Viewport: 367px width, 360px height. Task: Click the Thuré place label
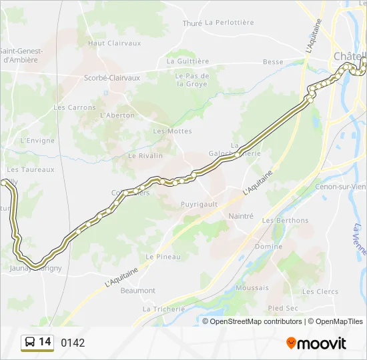click(x=192, y=23)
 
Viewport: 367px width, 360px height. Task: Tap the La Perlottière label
click(x=230, y=23)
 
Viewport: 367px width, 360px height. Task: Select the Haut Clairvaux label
click(x=115, y=43)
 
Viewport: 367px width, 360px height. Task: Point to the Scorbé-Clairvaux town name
click(x=112, y=78)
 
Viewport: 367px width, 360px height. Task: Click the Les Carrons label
click(x=75, y=107)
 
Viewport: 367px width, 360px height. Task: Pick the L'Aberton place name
click(x=117, y=115)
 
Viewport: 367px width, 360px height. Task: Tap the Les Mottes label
click(x=172, y=131)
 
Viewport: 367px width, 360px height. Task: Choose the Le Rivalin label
click(x=145, y=156)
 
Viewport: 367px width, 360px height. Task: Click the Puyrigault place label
click(x=200, y=204)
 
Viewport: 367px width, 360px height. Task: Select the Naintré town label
click(x=241, y=216)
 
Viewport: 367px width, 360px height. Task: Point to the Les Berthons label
click(x=285, y=221)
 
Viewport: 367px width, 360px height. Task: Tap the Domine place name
click(x=268, y=247)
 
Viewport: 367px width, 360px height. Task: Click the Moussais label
click(x=252, y=288)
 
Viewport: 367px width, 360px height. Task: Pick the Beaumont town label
click(x=138, y=291)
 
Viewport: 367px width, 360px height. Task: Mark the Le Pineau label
click(x=160, y=257)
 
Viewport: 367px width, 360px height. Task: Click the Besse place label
click(x=273, y=62)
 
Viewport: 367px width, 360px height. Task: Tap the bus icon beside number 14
click(x=30, y=343)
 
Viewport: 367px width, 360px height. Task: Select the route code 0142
click(x=73, y=343)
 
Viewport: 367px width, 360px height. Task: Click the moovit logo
click(x=316, y=343)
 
